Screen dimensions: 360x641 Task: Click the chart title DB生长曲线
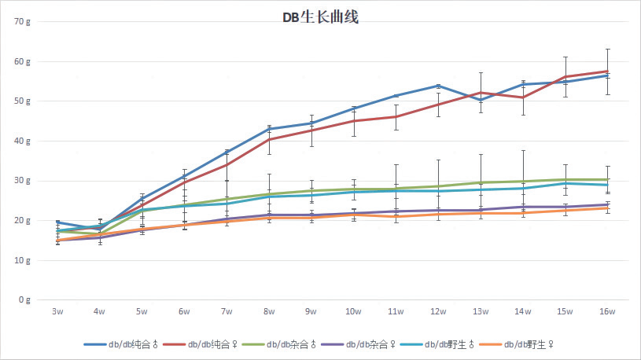tap(320, 17)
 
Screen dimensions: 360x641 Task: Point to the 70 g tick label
tap(21, 21)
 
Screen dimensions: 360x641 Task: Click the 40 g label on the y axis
tap(21, 141)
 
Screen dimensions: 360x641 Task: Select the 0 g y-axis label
tap(24, 300)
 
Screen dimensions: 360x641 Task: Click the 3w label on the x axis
tap(57, 312)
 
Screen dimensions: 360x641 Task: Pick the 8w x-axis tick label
tap(269, 312)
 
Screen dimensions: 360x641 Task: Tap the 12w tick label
tap(438, 312)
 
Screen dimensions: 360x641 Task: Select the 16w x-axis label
tap(607, 312)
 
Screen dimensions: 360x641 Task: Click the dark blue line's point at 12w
tap(438, 86)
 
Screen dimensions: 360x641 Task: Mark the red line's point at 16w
tap(607, 72)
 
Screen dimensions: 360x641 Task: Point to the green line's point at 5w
tap(142, 211)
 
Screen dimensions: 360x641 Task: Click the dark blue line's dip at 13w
tap(481, 100)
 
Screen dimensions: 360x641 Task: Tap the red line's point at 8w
tap(269, 139)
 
